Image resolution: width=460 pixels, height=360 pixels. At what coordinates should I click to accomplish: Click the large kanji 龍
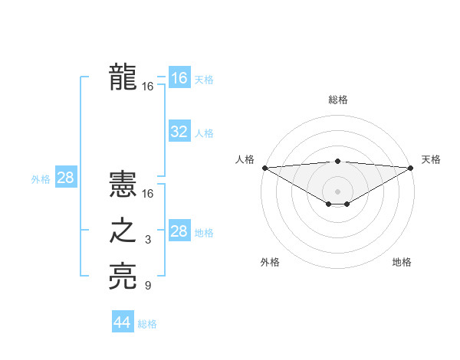tap(123, 77)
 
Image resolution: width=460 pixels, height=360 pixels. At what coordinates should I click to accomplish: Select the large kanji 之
tap(123, 231)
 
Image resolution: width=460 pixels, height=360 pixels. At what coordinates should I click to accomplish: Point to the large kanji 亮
tap(123, 277)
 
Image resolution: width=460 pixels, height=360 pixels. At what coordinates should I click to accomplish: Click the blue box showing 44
tap(123, 322)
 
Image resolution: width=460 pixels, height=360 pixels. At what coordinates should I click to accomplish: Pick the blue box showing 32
tap(179, 132)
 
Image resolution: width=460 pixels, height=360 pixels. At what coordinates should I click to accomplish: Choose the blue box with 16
tap(179, 77)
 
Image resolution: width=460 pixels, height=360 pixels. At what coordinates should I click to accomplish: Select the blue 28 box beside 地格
tap(179, 231)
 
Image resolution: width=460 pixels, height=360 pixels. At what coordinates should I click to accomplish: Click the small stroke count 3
tap(148, 241)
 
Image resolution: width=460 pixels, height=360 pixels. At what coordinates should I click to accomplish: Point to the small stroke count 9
tap(148, 286)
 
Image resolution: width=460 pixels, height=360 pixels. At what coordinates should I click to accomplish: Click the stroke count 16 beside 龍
tap(148, 87)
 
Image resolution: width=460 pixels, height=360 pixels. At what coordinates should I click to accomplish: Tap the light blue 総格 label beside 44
tap(147, 323)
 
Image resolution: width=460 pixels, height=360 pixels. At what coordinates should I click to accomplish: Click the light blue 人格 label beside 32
tap(204, 133)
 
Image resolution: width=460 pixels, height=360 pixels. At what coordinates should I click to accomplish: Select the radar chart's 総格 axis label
tap(337, 100)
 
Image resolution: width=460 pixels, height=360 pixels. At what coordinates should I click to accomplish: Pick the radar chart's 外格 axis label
tap(270, 262)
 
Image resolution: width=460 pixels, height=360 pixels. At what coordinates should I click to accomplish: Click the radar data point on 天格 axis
tap(411, 168)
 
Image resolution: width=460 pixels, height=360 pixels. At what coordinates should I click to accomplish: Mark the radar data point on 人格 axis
tap(264, 168)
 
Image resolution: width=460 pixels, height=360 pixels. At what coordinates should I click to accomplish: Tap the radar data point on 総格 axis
tap(337, 161)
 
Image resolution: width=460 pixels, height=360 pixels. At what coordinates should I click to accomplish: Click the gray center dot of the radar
tap(337, 191)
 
